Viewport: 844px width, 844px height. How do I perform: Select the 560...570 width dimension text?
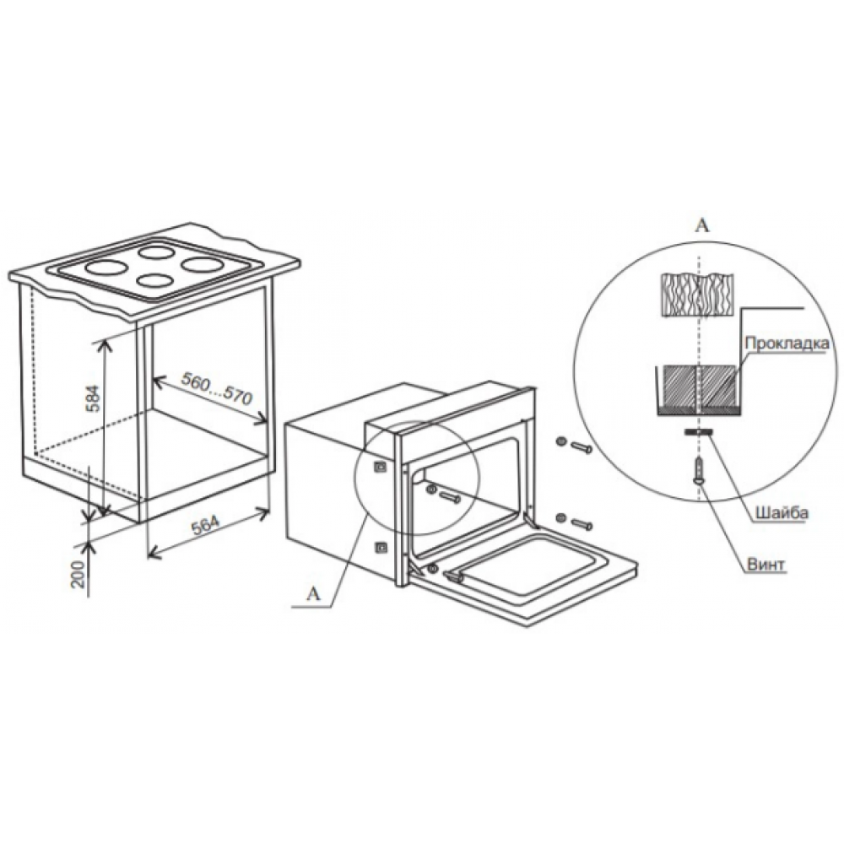pyautogui.click(x=216, y=388)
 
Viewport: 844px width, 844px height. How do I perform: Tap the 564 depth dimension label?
pyautogui.click(x=206, y=525)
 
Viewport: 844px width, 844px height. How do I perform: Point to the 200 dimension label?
pyautogui.click(x=78, y=574)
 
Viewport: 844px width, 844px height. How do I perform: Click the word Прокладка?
pyautogui.click(x=787, y=343)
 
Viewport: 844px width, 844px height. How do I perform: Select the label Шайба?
pyautogui.click(x=782, y=512)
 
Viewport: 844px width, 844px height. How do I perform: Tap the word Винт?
pyautogui.click(x=766, y=565)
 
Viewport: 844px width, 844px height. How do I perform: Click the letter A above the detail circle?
pyautogui.click(x=702, y=225)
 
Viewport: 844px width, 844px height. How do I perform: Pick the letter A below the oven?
pyautogui.click(x=313, y=593)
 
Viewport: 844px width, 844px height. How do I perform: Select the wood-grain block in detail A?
pyautogui.click(x=698, y=295)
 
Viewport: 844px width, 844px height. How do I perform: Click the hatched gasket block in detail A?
pyautogui.click(x=698, y=387)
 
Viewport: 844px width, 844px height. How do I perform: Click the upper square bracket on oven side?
pyautogui.click(x=381, y=466)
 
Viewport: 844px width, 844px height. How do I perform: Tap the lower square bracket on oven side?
pyautogui.click(x=381, y=548)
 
